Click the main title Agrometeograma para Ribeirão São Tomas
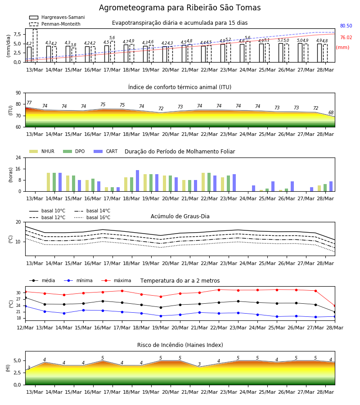180,8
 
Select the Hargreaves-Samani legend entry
57,17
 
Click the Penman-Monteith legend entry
55,24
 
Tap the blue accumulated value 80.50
346,26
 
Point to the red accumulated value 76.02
346,37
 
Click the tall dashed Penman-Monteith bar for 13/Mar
35,46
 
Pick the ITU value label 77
29,103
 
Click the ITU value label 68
331,112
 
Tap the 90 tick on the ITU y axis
18,93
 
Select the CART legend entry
106,151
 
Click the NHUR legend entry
42,151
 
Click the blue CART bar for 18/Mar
137,181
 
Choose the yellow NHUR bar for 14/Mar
48,182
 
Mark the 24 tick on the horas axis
18,157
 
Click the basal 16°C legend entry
92,217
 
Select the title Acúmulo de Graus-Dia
180,216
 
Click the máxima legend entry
116,280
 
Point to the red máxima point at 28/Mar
335,306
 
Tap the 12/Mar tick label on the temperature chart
25,328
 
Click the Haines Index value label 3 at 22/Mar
199,364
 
